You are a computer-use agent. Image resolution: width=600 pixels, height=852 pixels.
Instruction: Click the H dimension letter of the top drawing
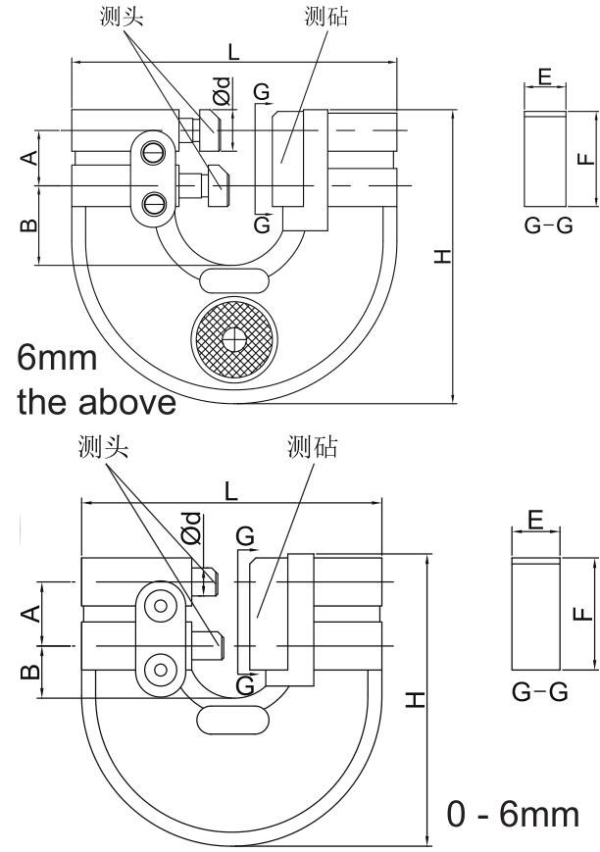(x=443, y=257)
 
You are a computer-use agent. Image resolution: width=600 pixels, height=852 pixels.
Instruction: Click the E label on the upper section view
(x=545, y=76)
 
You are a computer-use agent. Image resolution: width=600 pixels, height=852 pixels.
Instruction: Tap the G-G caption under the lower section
(x=539, y=692)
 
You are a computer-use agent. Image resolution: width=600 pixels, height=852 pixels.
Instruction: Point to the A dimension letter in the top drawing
(x=30, y=157)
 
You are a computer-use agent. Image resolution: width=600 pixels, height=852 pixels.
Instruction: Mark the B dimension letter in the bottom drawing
(x=29, y=672)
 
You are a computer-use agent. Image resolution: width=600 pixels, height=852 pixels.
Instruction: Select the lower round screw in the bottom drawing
(x=156, y=671)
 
